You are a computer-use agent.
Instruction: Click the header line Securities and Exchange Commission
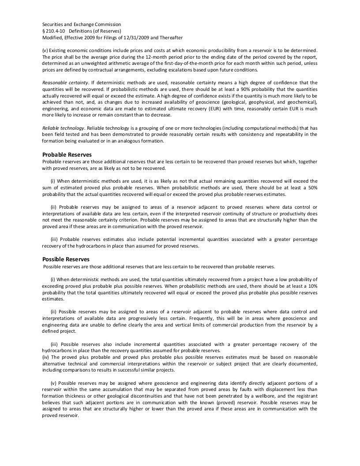tap(82, 24)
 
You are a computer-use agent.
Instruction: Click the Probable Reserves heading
tap(67, 154)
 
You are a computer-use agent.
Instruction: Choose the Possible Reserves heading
tap(66, 259)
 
